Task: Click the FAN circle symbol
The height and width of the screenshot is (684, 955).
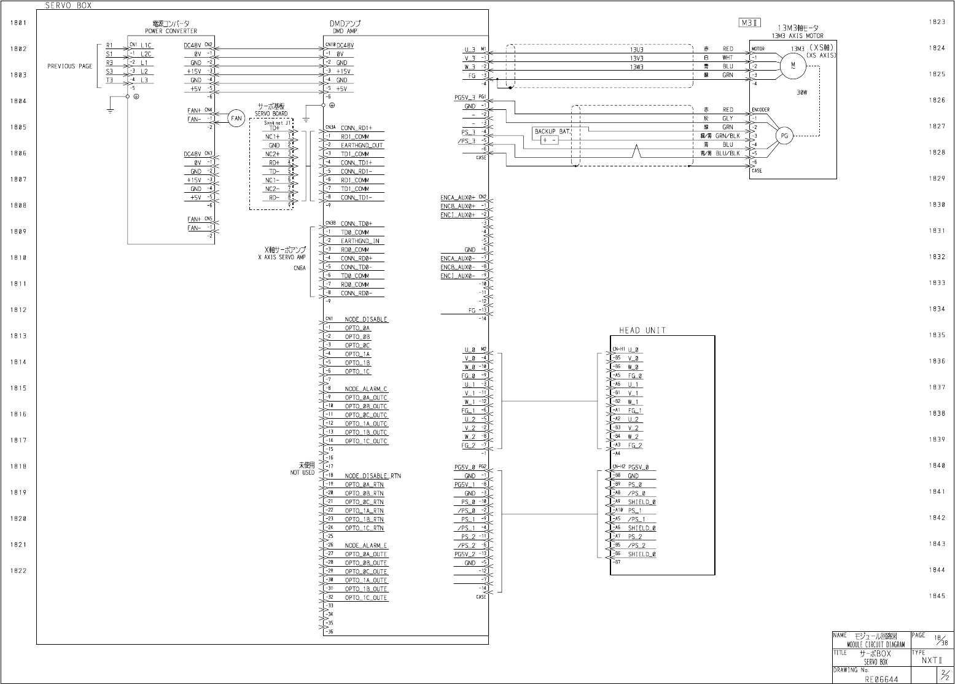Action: pyautogui.click(x=236, y=119)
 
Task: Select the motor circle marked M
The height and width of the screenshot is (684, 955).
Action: pyautogui.click(x=792, y=64)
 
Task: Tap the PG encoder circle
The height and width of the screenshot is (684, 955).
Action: pyautogui.click(x=784, y=136)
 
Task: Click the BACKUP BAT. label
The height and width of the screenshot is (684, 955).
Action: pyautogui.click(x=553, y=131)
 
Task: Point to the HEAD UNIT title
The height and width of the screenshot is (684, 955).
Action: pyautogui.click(x=642, y=330)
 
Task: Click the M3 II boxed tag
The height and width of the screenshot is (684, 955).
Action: pyautogui.click(x=749, y=23)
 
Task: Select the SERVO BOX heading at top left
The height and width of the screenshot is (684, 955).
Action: pyautogui.click(x=68, y=5)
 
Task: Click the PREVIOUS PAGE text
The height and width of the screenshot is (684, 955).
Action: pyautogui.click(x=69, y=66)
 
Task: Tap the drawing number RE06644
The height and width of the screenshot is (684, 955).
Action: pyautogui.click(x=881, y=679)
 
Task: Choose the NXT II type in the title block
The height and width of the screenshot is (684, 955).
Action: pyautogui.click(x=932, y=661)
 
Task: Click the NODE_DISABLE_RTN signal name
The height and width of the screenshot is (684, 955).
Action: pyautogui.click(x=373, y=476)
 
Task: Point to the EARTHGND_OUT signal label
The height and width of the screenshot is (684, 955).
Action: pyautogui.click(x=362, y=146)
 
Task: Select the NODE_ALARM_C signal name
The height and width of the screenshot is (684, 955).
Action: pyautogui.click(x=366, y=389)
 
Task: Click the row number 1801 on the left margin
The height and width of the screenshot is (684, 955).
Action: pyautogui.click(x=18, y=23)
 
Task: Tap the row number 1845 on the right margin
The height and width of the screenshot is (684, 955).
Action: pyautogui.click(x=937, y=596)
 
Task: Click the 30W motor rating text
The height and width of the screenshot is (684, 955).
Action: pyautogui.click(x=801, y=93)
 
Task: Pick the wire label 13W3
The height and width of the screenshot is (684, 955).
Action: pyautogui.click(x=636, y=66)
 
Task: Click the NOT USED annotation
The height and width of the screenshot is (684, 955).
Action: pyautogui.click(x=302, y=473)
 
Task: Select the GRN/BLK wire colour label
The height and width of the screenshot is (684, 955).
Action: pyautogui.click(x=727, y=136)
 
